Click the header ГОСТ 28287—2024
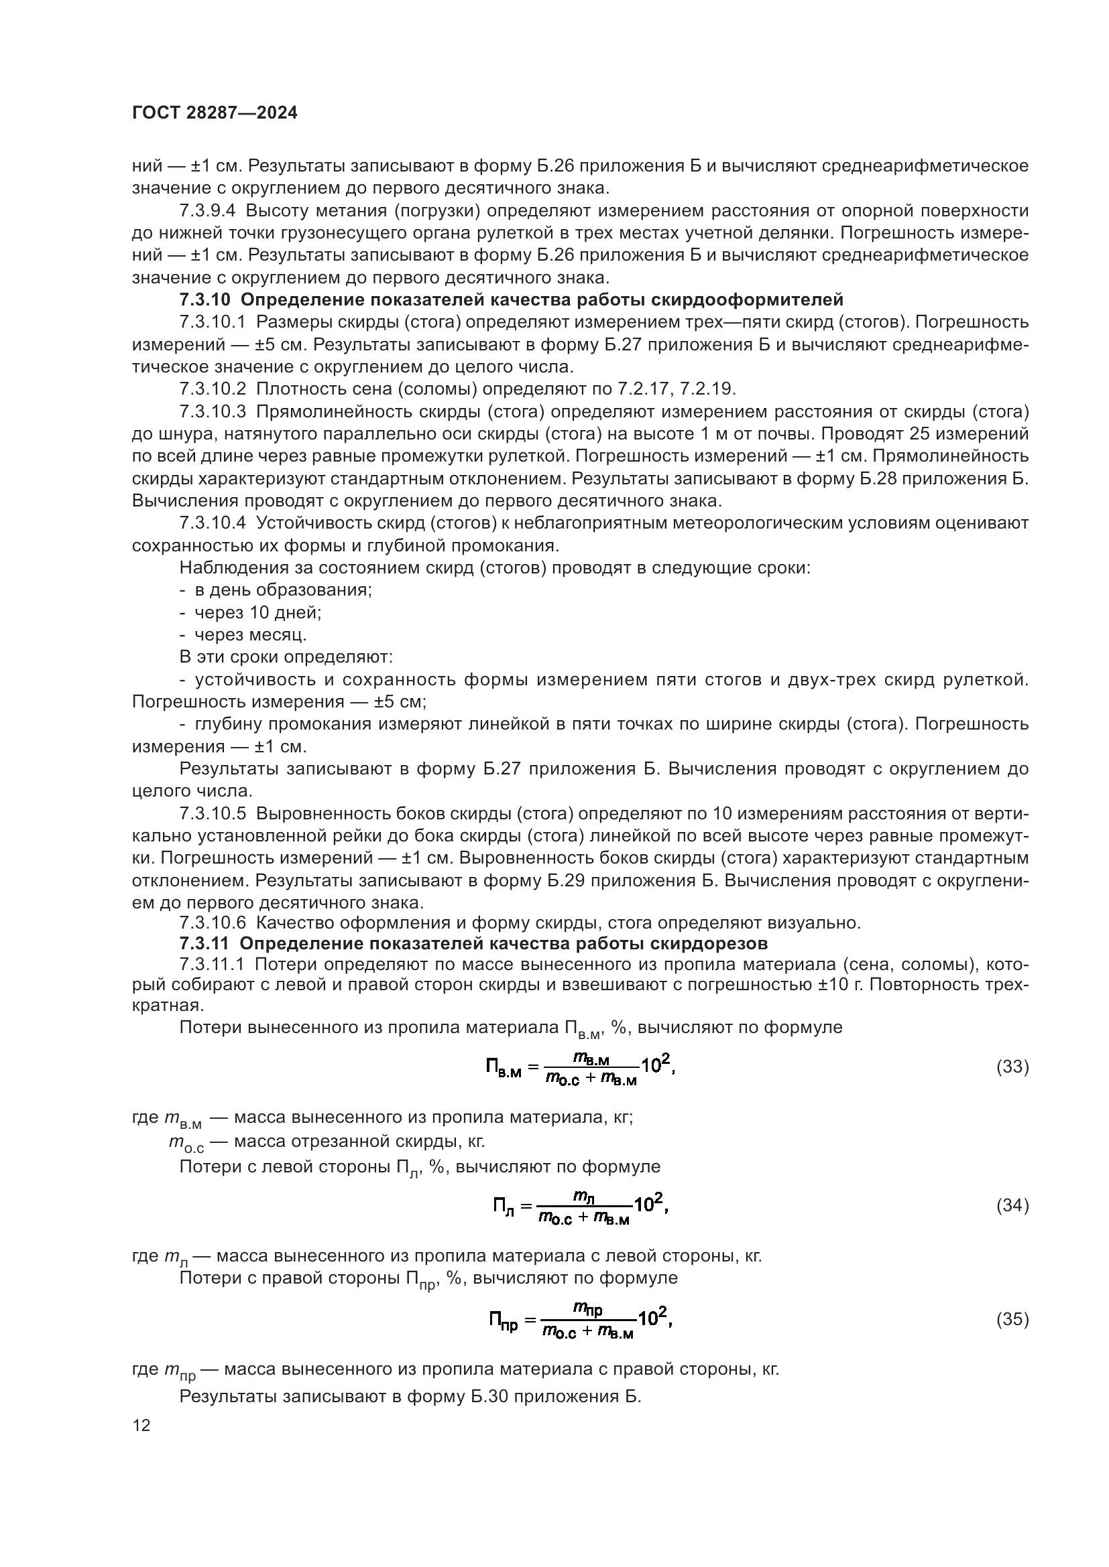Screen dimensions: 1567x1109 [215, 113]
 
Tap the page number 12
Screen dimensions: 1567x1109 [141, 1425]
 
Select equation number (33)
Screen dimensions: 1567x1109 [1012, 1067]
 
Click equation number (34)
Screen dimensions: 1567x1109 [1012, 1205]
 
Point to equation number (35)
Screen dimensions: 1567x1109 [1012, 1319]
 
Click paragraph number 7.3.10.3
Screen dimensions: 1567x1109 [213, 411]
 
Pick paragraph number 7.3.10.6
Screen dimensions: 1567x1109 [213, 923]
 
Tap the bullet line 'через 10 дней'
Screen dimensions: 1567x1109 [257, 612]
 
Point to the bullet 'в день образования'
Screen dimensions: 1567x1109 [283, 590]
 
